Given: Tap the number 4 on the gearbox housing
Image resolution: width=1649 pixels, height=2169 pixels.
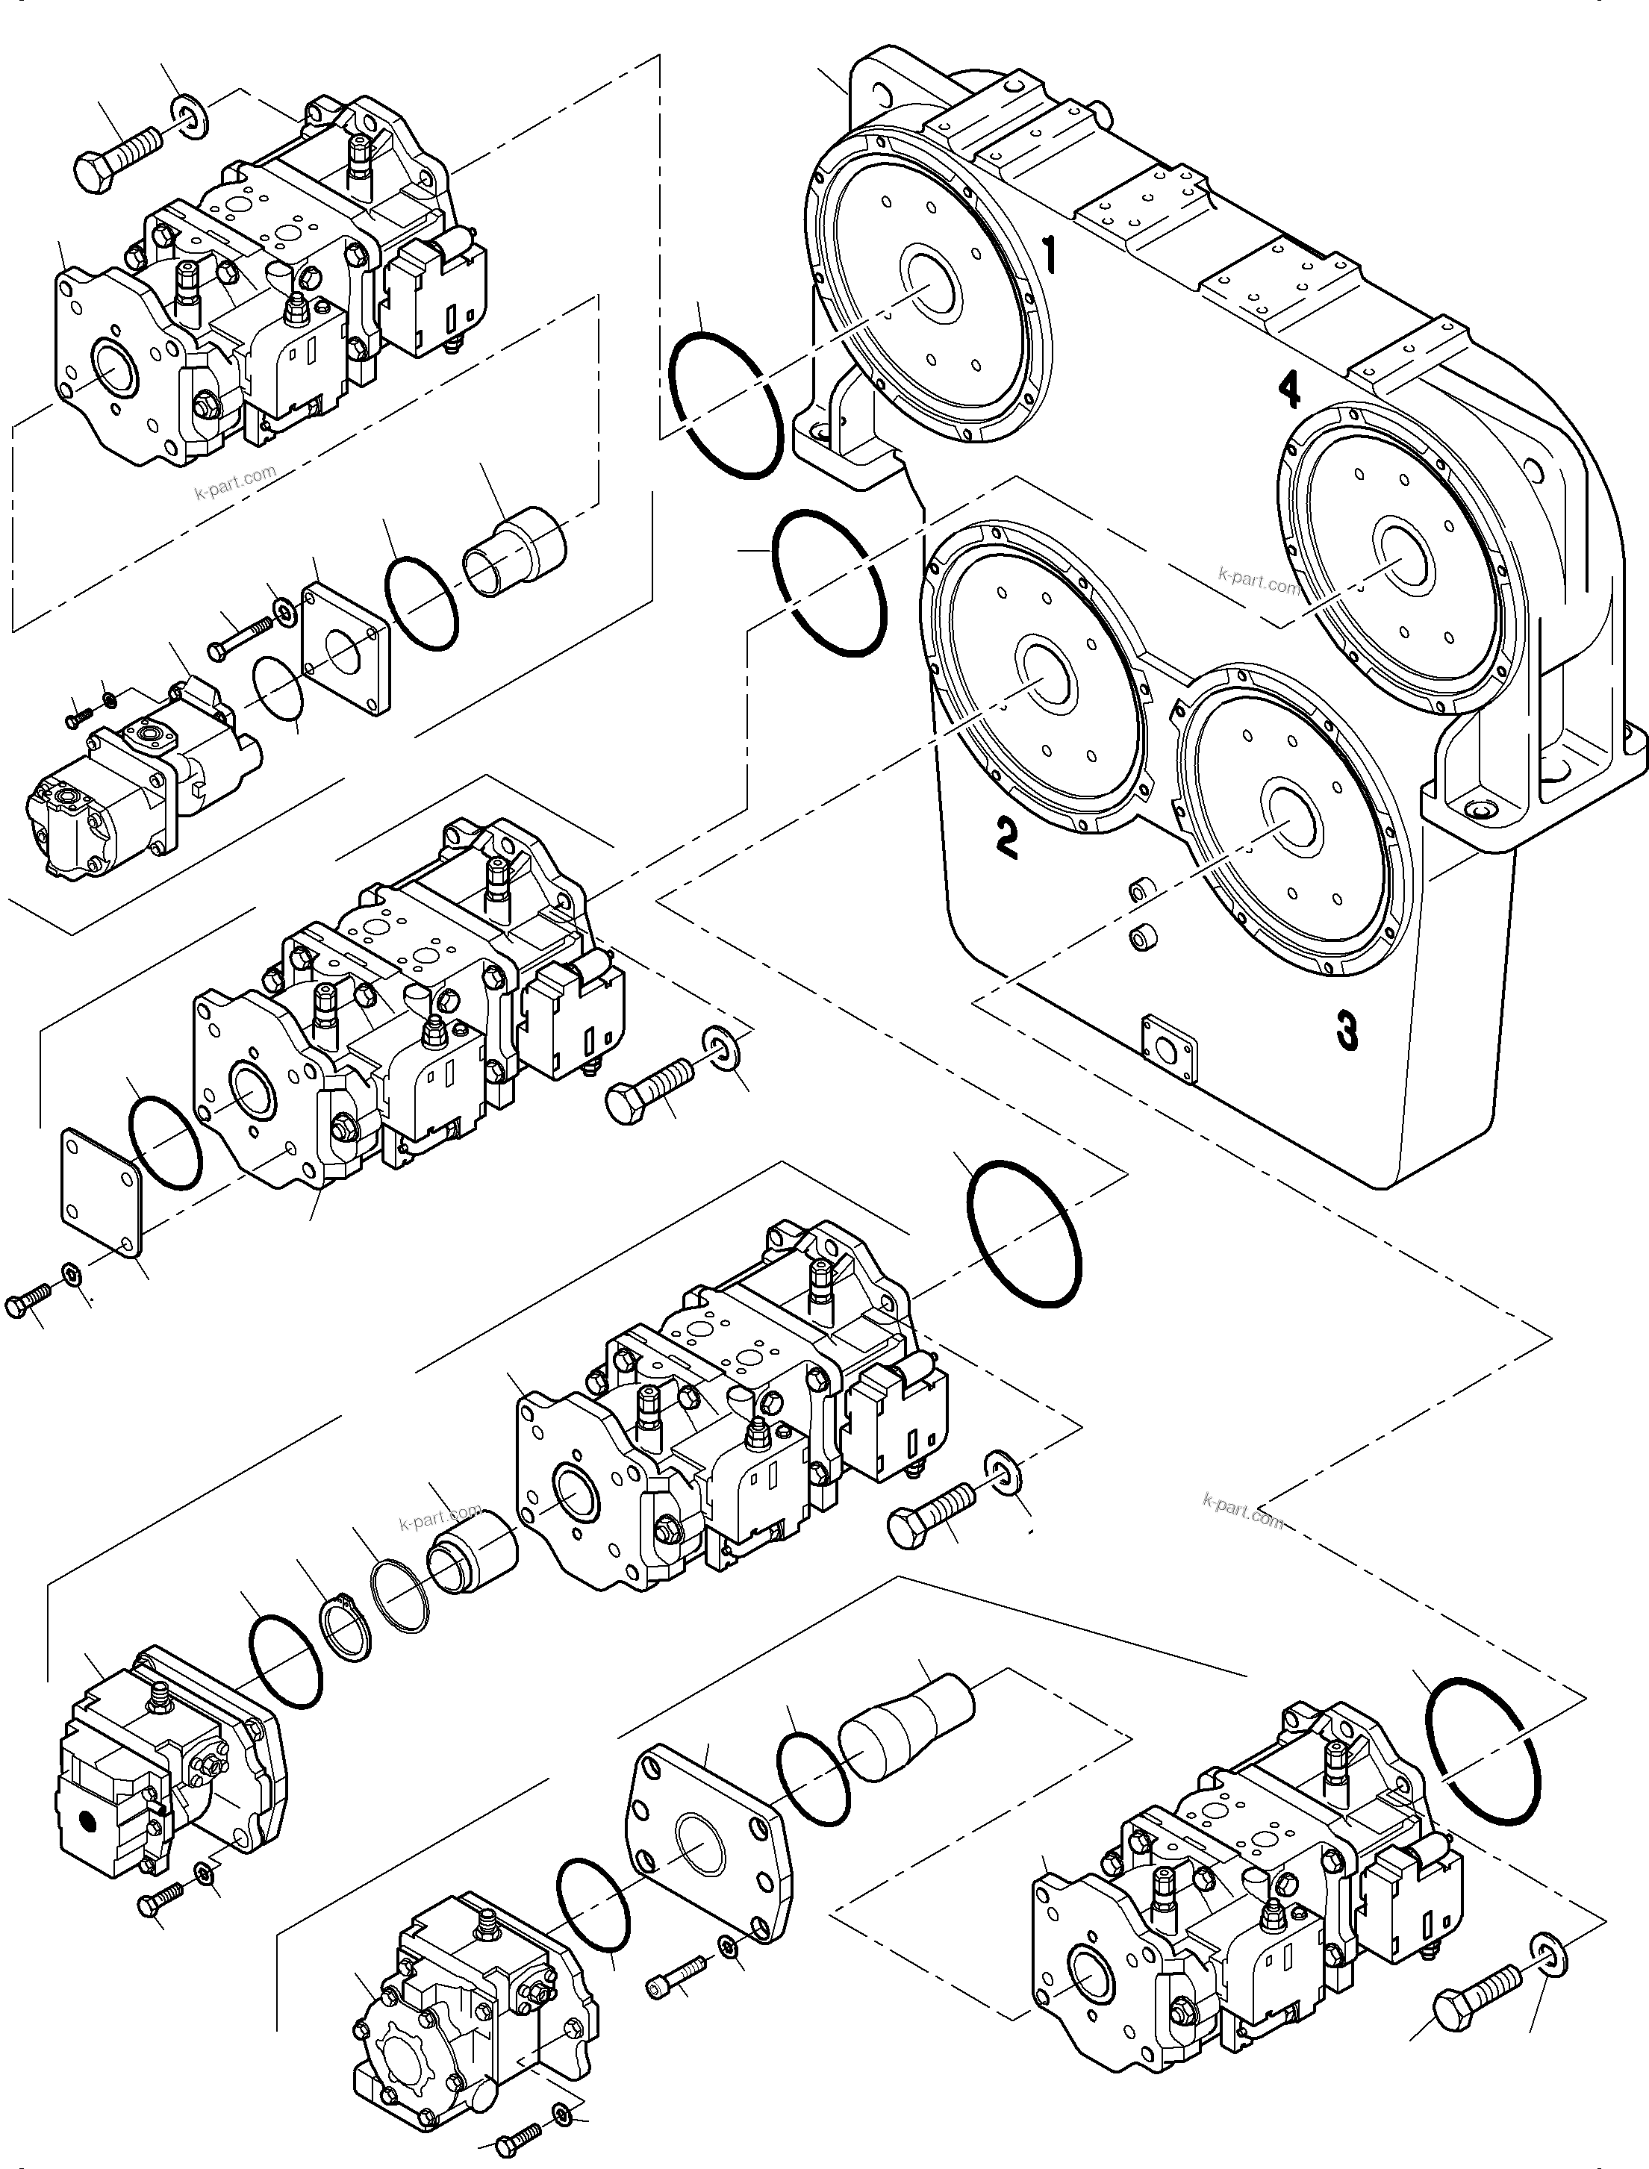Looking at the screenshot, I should coord(1288,389).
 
